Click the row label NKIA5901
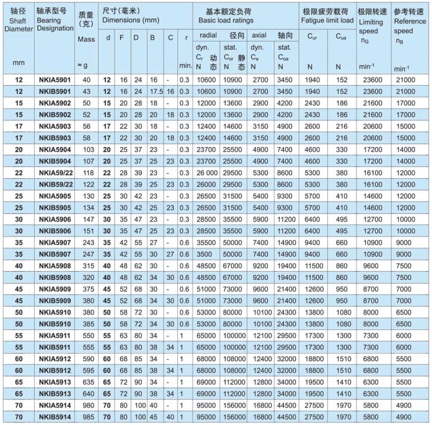coord(55,81)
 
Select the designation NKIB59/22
coord(55,185)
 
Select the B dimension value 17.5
coord(154,92)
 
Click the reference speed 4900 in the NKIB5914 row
coord(406,418)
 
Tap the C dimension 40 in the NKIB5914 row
coord(170,418)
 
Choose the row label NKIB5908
coord(55,278)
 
